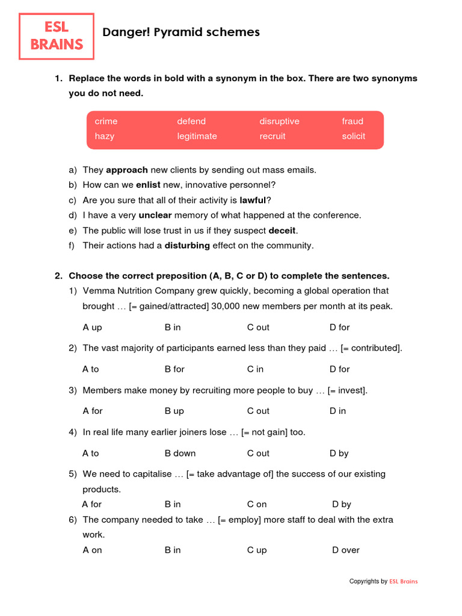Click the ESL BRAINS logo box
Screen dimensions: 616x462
click(57, 36)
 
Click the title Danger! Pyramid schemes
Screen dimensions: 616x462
click(181, 32)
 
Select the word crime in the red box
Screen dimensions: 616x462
click(106, 121)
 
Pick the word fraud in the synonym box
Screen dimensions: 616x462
click(353, 121)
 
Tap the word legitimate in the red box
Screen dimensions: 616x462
click(197, 136)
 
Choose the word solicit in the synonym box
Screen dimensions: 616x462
click(353, 136)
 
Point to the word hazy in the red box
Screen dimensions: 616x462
click(104, 136)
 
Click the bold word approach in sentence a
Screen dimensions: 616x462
click(127, 170)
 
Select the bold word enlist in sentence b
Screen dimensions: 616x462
click(148, 185)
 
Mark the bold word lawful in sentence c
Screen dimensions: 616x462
click(253, 200)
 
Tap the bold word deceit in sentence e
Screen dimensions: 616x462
click(282, 230)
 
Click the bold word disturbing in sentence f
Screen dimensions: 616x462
click(187, 245)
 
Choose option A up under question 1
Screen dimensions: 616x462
click(92, 327)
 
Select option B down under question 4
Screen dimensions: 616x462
click(180, 453)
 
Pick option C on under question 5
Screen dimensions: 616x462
click(257, 504)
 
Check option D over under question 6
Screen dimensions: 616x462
click(346, 550)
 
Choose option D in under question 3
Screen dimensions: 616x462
click(337, 411)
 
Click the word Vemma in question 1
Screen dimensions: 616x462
click(98, 291)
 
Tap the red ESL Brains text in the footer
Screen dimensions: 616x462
click(403, 581)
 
